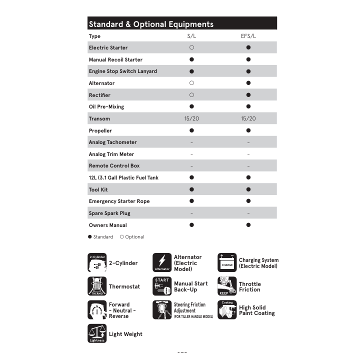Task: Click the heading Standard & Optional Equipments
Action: click(x=151, y=24)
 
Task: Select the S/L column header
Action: click(x=191, y=36)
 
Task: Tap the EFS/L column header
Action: click(x=248, y=36)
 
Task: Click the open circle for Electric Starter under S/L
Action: click(x=191, y=47)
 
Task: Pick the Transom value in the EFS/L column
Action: click(x=248, y=118)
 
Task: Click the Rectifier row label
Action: click(x=99, y=95)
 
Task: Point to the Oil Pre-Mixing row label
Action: click(x=106, y=106)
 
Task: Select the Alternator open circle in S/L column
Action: click(x=191, y=83)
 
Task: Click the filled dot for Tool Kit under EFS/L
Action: click(x=248, y=189)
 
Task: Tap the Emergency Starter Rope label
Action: click(x=119, y=201)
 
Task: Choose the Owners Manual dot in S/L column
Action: click(x=191, y=225)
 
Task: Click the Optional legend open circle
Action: click(x=122, y=237)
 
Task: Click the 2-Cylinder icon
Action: click(x=97, y=262)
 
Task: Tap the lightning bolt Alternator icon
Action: click(x=162, y=262)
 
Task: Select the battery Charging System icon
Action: click(x=227, y=262)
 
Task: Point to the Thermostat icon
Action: click(x=97, y=286)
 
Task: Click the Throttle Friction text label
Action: click(x=249, y=286)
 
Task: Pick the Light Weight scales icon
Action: click(x=97, y=333)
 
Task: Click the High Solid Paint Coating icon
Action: click(x=227, y=310)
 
